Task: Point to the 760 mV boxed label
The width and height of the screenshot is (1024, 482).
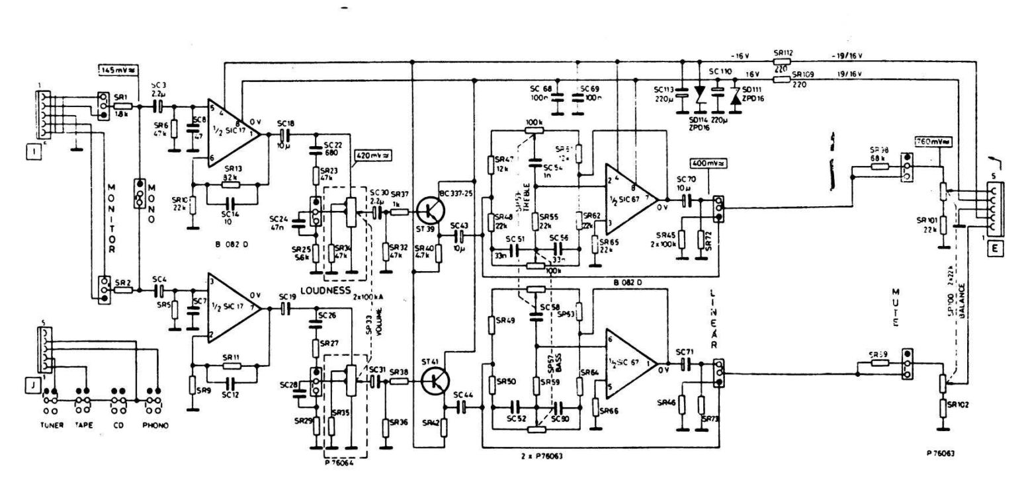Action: (933, 141)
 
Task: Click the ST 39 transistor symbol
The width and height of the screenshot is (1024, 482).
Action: (430, 212)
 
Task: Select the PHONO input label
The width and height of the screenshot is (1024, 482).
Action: (155, 425)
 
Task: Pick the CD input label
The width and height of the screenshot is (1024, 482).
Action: (119, 425)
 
